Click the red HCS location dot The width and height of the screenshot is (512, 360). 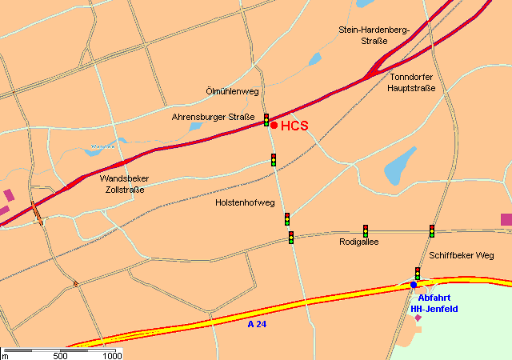coord(274,125)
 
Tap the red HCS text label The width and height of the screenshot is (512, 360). coord(294,126)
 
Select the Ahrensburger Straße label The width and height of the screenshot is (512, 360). coord(213,118)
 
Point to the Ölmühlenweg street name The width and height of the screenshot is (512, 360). coord(233,92)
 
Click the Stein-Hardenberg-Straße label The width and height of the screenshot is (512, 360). coord(374,35)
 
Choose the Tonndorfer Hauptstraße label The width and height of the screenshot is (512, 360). coord(411,82)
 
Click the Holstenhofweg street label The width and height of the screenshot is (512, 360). coord(245,202)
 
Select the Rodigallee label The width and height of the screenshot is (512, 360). coord(359,242)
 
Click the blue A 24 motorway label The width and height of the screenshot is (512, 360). coord(257,324)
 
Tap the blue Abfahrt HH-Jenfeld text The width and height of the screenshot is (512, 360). coord(434,303)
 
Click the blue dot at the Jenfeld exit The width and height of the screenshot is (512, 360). coord(414,285)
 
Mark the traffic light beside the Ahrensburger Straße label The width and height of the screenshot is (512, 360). coord(266,120)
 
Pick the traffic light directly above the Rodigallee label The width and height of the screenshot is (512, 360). coord(366,230)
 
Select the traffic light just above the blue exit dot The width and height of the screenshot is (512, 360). coord(417,274)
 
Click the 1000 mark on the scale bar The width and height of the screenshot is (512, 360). coord(111,355)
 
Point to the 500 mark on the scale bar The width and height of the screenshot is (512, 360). coord(60,355)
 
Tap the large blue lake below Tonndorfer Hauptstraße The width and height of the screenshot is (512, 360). coord(401,164)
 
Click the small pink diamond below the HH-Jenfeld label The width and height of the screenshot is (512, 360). coord(418,318)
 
